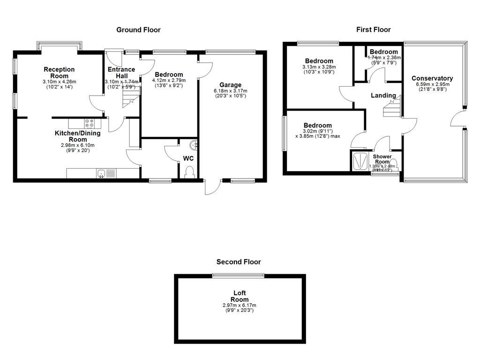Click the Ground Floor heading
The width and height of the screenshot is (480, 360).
[138, 30]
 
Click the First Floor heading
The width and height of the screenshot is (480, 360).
[373, 30]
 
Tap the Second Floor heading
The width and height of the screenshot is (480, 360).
[238, 262]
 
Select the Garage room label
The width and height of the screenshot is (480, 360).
[230, 85]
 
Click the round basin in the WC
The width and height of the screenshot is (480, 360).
[194, 145]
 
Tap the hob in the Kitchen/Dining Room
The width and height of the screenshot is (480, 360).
[89, 124]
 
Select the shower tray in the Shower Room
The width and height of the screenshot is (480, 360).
[360, 161]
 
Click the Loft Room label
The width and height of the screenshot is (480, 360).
[240, 296]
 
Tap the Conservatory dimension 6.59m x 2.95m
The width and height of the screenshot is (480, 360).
[432, 85]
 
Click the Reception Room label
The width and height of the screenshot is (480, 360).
[59, 73]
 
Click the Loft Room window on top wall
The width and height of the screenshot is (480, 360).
[238, 276]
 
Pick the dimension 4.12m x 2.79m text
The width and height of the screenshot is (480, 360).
[169, 81]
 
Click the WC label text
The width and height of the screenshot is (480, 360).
[188, 158]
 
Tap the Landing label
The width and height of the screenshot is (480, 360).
[383, 96]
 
